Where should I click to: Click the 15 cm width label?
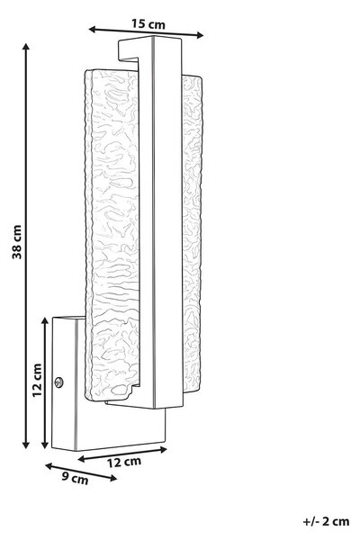(148, 23)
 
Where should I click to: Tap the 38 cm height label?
(16, 242)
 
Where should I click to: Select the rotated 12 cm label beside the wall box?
(37, 380)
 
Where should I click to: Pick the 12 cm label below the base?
(123, 462)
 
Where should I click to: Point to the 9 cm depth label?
(75, 478)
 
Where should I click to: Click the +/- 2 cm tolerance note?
(326, 521)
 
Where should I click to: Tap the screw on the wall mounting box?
(58, 382)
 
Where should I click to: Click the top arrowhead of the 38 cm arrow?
(25, 47)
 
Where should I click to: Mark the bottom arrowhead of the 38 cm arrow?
(25, 445)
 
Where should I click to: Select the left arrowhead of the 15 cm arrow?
(93, 30)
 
